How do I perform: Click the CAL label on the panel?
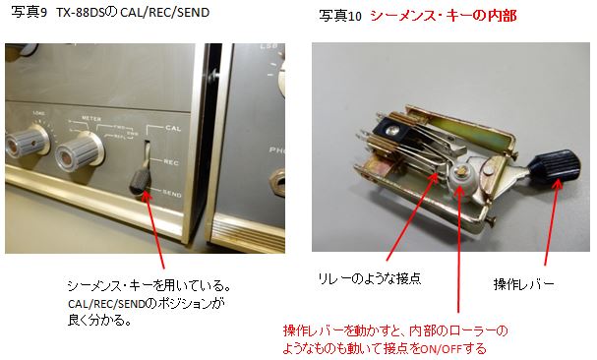click(x=173, y=129)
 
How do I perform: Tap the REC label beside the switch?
click(x=171, y=162)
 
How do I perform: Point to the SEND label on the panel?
click(x=172, y=194)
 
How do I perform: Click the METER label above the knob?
click(x=91, y=119)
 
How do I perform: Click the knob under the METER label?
click(x=80, y=152)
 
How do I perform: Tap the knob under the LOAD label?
click(x=27, y=142)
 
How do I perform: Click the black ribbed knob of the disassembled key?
click(x=555, y=168)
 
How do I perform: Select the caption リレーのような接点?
click(x=370, y=279)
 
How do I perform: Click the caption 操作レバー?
click(x=523, y=284)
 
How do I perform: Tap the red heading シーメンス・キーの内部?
click(x=444, y=16)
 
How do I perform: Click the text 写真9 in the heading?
click(x=29, y=12)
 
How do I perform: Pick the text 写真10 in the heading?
click(x=340, y=16)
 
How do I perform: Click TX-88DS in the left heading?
click(x=80, y=12)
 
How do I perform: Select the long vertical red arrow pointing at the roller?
click(x=458, y=249)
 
